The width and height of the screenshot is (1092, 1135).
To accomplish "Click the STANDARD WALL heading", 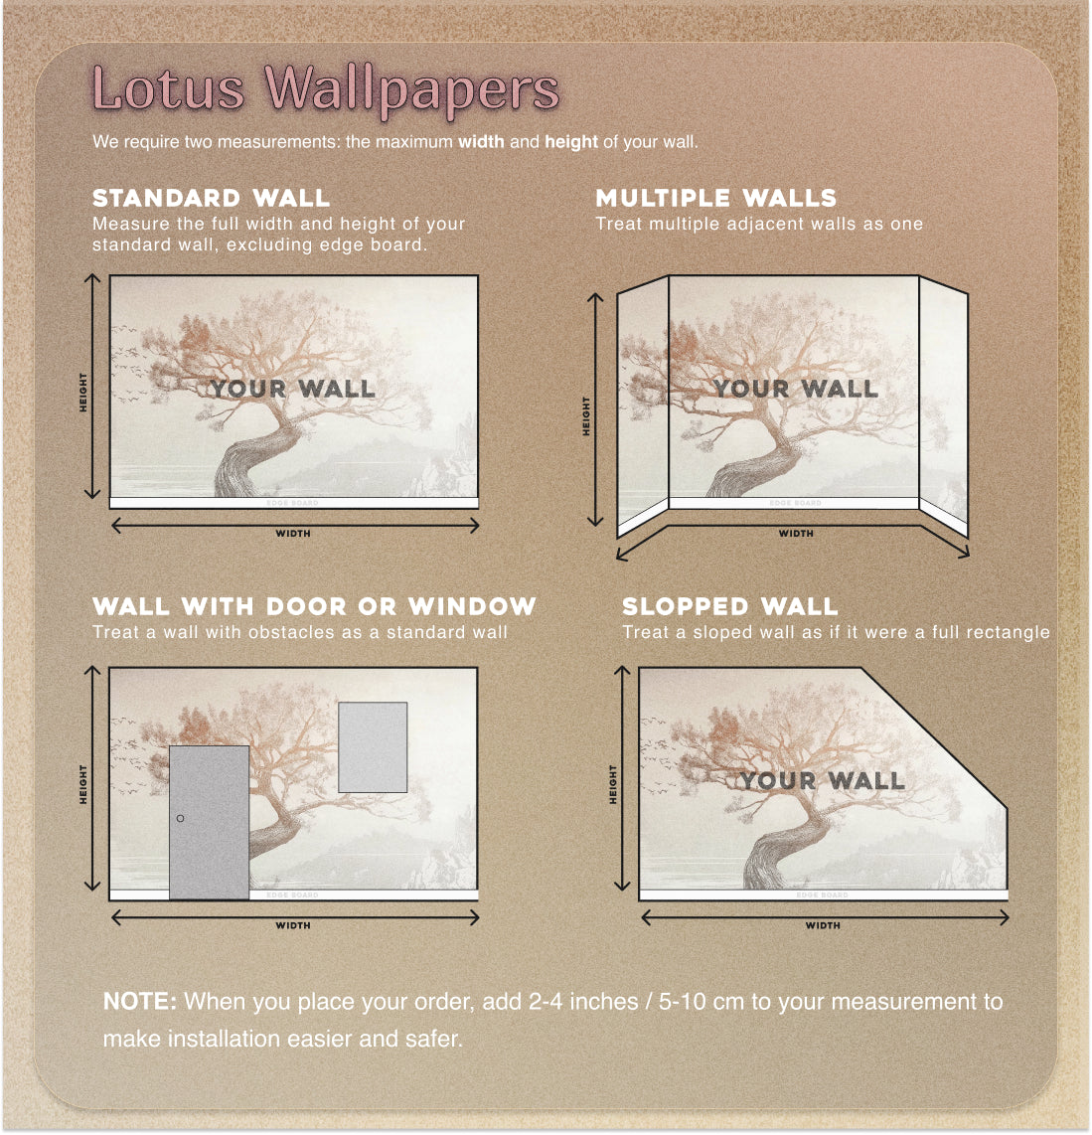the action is [x=211, y=198].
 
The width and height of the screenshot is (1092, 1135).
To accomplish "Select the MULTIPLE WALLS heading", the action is [x=715, y=198].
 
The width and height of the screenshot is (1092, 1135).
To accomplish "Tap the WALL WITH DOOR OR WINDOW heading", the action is [x=314, y=606].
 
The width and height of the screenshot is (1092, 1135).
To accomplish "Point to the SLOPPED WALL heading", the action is [x=729, y=606].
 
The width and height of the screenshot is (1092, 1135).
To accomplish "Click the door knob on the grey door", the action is [x=180, y=818].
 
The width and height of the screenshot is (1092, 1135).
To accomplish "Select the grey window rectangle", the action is [x=373, y=747].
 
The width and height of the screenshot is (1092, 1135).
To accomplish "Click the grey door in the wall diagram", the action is [x=209, y=822].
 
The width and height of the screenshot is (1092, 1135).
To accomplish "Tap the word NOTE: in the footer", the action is [x=140, y=1001].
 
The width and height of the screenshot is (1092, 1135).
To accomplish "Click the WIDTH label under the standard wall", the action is [x=293, y=534].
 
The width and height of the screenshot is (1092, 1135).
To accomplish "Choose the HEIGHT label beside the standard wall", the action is [x=83, y=393].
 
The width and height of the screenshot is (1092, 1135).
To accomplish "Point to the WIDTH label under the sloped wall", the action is [x=823, y=925].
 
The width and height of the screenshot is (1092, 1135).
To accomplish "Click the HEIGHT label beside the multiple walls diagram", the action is [x=586, y=416].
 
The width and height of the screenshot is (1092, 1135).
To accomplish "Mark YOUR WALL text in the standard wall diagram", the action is [x=293, y=389].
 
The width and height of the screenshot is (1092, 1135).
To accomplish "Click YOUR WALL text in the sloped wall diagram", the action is [x=823, y=780].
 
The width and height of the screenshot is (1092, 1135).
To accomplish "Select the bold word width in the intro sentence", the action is [x=481, y=142].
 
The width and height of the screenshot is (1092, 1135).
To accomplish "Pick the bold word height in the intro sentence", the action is [x=571, y=142].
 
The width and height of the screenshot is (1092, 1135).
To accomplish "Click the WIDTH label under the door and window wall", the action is [x=293, y=925].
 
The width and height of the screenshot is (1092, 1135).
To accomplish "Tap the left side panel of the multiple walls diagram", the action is [x=643, y=406].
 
